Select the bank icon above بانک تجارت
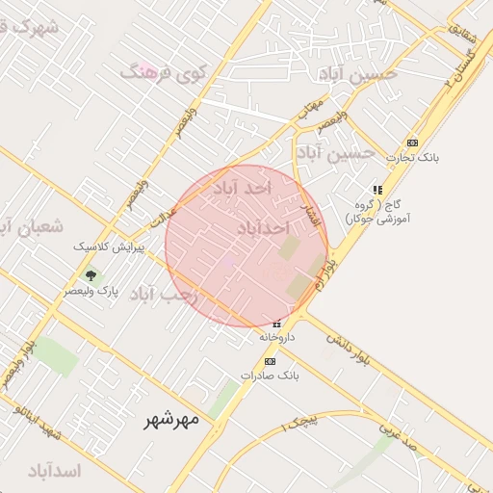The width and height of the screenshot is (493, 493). (x=412, y=143)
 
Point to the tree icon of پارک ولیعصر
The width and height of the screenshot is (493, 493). (x=91, y=274)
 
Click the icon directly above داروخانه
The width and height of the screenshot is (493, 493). (x=276, y=324)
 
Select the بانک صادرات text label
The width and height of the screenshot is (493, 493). (x=271, y=376)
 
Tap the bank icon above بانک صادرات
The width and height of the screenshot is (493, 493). (x=270, y=361)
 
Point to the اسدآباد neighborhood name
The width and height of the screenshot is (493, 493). (x=55, y=471)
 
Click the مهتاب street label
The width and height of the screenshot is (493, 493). (x=309, y=109)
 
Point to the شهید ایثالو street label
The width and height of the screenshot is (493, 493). (x=37, y=424)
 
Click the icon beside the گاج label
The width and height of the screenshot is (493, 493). (x=377, y=190)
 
